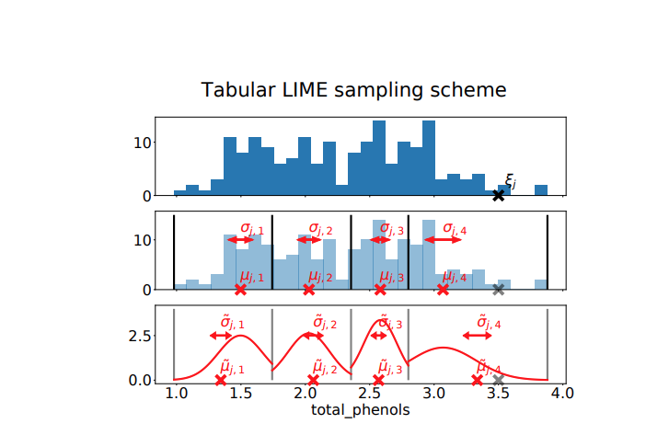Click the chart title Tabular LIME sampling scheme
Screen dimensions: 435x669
354,90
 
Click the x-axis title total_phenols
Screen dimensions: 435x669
360,412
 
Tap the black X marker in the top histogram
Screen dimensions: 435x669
498,195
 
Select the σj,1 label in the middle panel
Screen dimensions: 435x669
251,227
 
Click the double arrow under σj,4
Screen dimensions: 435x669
443,239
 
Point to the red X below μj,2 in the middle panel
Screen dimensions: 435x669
308,290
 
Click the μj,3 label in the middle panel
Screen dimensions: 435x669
392,276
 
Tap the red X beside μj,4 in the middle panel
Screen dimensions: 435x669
443,290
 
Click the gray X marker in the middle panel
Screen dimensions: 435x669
498,290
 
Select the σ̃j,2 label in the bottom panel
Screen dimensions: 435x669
320,323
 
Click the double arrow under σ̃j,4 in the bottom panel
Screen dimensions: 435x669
478,336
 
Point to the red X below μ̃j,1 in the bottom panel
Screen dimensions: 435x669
221,380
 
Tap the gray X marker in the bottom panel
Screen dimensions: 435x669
498,380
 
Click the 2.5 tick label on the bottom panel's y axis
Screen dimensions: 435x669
136,337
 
